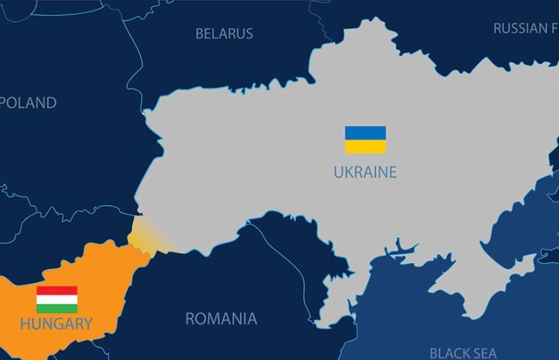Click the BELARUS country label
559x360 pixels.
coord(224,33)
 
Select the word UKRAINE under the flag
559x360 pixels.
coord(365,173)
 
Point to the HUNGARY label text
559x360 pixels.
coord(56,324)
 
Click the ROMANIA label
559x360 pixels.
coord(221,319)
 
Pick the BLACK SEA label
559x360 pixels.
coord(463,352)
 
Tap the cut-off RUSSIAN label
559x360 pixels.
coord(525,29)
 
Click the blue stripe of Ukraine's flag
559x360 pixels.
coord(365,133)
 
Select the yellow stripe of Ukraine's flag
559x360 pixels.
coord(365,147)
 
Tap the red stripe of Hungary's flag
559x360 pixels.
coord(57,290)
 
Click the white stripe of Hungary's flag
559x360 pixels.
coord(57,299)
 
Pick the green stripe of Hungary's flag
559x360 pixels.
coord(57,308)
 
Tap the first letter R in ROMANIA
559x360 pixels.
coord(191,319)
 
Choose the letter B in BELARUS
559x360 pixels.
coord(200,33)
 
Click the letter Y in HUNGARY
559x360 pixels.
coord(87,324)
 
